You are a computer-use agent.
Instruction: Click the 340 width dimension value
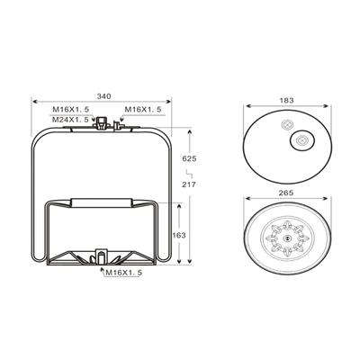[x=103, y=96]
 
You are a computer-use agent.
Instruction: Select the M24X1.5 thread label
[x=70, y=120]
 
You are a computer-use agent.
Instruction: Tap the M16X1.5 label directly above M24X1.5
[x=71, y=110]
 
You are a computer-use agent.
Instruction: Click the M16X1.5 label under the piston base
[x=124, y=273]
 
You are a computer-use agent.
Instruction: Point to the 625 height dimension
[x=189, y=158]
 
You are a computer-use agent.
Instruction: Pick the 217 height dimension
[x=189, y=184]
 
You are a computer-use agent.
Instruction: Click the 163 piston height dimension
[x=179, y=235]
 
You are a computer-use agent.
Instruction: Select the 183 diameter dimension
[x=287, y=100]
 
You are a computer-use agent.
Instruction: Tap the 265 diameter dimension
[x=285, y=193]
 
